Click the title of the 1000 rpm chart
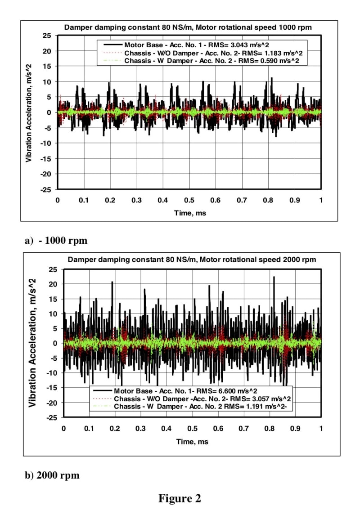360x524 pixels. tap(188, 27)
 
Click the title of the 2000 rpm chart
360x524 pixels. tap(192, 260)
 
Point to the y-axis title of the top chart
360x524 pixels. tap(29, 112)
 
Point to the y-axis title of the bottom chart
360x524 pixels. tap(32, 343)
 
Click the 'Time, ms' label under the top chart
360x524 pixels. tap(190, 213)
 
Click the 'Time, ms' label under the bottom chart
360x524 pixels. tap(192, 442)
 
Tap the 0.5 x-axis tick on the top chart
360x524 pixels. tap(189, 200)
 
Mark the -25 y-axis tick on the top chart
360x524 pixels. tap(47, 189)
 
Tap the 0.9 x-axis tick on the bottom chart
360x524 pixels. tap(295, 429)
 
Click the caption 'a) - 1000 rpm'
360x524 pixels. tap(56, 240)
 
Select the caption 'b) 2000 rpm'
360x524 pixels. tap(52, 475)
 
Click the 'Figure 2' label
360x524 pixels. tap(180, 498)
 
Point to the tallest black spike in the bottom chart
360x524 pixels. tap(274, 278)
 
